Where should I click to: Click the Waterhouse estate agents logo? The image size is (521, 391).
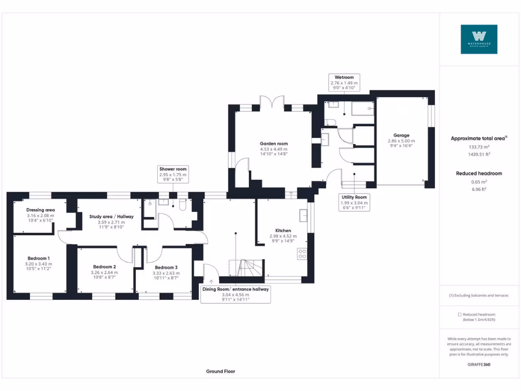click(x=479, y=39)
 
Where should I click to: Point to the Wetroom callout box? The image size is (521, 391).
click(x=344, y=82)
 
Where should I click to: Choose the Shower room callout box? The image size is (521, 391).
click(x=173, y=175)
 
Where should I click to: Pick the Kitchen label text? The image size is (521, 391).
click(x=283, y=231)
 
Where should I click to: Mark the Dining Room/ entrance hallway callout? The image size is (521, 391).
click(x=236, y=294)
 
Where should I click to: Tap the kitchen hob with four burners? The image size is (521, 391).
click(x=302, y=253)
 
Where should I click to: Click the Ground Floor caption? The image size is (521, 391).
click(x=221, y=372)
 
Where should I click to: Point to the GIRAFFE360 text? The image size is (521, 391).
click(x=479, y=365)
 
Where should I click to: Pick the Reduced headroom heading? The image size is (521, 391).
click(x=479, y=174)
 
